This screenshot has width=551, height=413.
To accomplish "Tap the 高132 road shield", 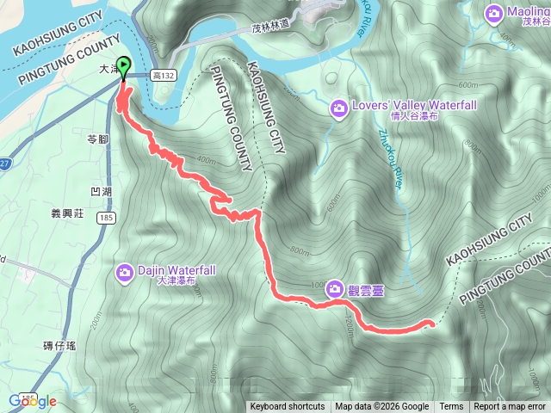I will (x=162, y=77).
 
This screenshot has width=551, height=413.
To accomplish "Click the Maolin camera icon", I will (x=493, y=12).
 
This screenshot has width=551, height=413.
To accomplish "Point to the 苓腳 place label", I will (x=98, y=139).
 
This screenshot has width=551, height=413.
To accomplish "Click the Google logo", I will (x=32, y=401).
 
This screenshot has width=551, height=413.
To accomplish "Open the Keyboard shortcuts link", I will (x=288, y=407).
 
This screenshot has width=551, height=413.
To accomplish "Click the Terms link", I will (x=451, y=407).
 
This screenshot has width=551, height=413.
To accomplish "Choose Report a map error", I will (x=510, y=407).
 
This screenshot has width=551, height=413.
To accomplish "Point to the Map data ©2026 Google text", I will (x=381, y=407).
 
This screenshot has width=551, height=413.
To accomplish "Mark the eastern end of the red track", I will (x=430, y=323).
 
